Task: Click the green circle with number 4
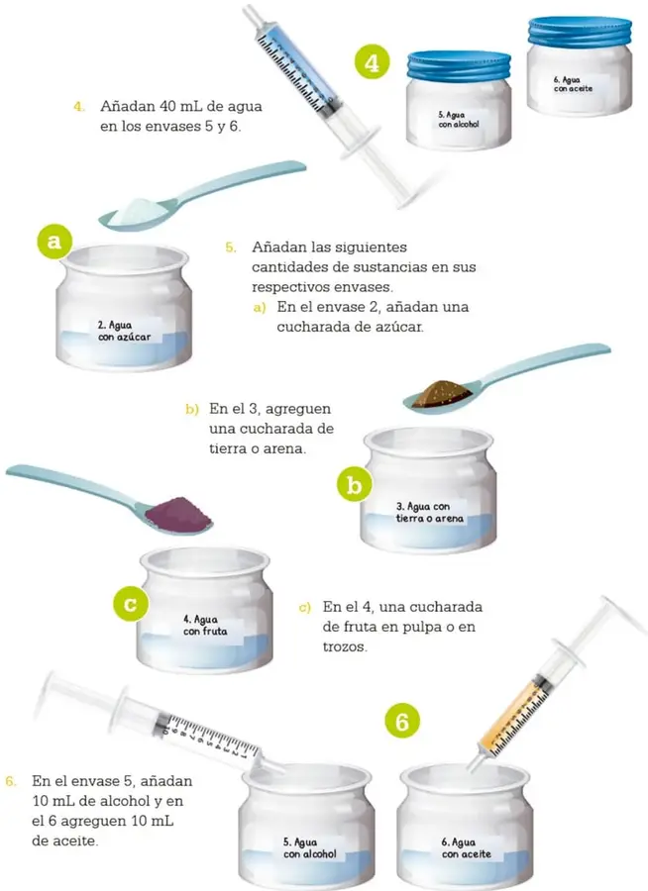point(372,62)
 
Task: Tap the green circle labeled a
point(54,242)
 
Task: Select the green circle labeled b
point(354,486)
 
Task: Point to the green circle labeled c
point(130,603)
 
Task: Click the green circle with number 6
point(401,721)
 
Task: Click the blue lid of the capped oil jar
point(580,32)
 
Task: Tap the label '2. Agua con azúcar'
point(124,331)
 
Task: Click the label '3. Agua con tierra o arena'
point(430,512)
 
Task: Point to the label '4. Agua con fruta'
point(205,625)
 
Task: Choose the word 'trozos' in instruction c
point(345,646)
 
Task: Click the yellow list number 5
point(231,247)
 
